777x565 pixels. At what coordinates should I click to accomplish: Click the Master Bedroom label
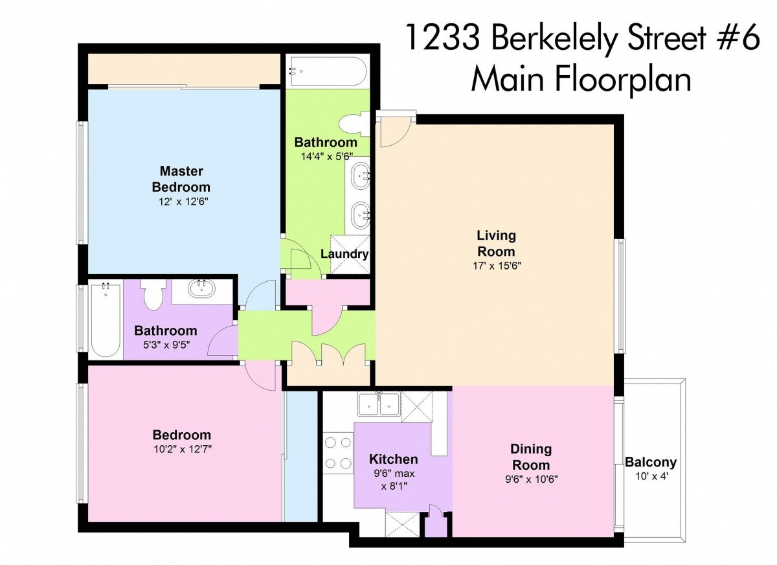(181, 179)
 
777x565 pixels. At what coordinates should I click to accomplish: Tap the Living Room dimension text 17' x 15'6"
(497, 266)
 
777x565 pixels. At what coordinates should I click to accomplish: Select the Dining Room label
(531, 457)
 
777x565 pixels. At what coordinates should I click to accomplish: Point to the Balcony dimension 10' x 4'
(651, 476)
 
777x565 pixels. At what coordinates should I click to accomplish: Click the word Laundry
(344, 254)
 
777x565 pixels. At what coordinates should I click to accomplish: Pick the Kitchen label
(394, 459)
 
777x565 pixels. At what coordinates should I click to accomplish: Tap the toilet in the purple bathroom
(153, 294)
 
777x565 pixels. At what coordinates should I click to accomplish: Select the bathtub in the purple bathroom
(106, 320)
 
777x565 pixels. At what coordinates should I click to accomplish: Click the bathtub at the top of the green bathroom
(327, 71)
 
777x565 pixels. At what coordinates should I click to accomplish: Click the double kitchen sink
(379, 404)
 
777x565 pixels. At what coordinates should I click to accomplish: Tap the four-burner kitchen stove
(338, 453)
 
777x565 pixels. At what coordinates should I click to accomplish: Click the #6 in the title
(739, 37)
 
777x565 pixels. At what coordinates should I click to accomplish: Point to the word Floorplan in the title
(623, 80)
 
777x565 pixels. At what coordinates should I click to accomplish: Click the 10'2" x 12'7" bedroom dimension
(183, 449)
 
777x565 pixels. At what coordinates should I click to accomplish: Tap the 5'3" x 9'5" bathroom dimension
(166, 345)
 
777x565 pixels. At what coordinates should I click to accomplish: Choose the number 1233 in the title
(442, 38)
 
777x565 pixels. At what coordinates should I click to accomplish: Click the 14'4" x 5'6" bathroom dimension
(326, 157)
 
